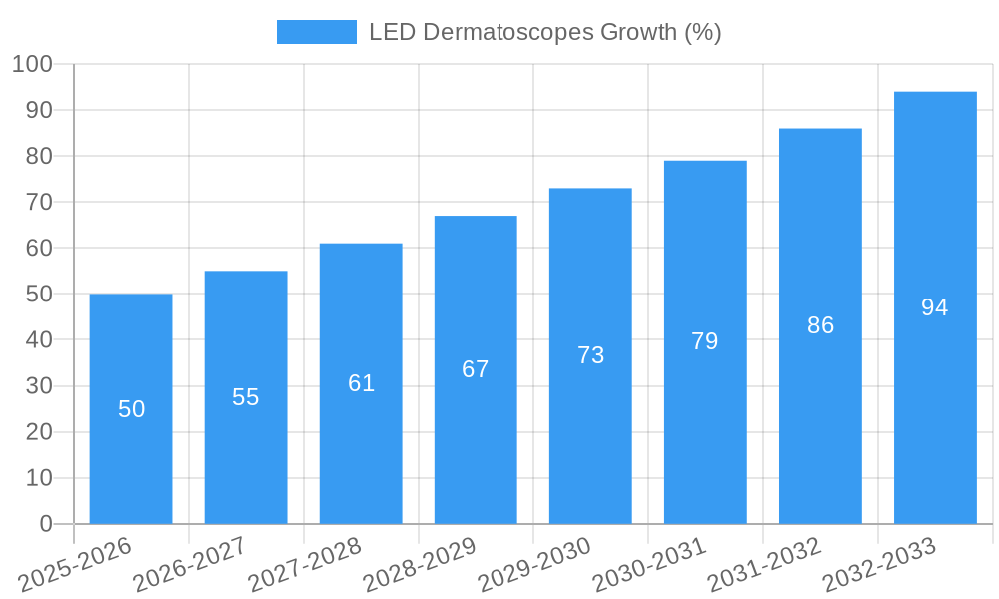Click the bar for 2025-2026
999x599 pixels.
click(x=131, y=408)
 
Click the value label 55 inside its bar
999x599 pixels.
click(x=246, y=397)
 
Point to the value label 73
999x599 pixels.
click(x=590, y=355)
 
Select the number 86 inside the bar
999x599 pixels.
click(x=820, y=325)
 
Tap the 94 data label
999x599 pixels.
click(x=935, y=307)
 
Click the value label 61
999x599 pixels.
click(x=361, y=383)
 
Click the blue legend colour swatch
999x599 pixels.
click(x=316, y=32)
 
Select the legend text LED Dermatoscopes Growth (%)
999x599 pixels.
click(x=544, y=32)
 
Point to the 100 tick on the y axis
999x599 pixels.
click(x=32, y=64)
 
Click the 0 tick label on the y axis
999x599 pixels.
click(x=45, y=524)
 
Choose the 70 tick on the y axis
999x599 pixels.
click(x=39, y=202)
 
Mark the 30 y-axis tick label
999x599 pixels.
click(x=39, y=386)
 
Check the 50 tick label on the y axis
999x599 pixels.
click(x=39, y=295)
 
